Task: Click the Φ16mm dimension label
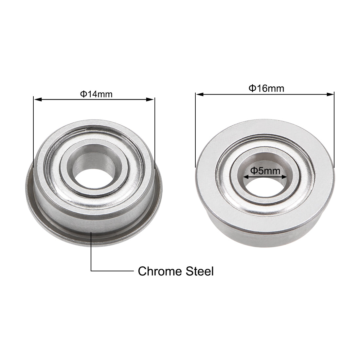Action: point(266,88)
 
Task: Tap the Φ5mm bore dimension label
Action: point(265,171)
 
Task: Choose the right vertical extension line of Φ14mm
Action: point(154,131)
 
